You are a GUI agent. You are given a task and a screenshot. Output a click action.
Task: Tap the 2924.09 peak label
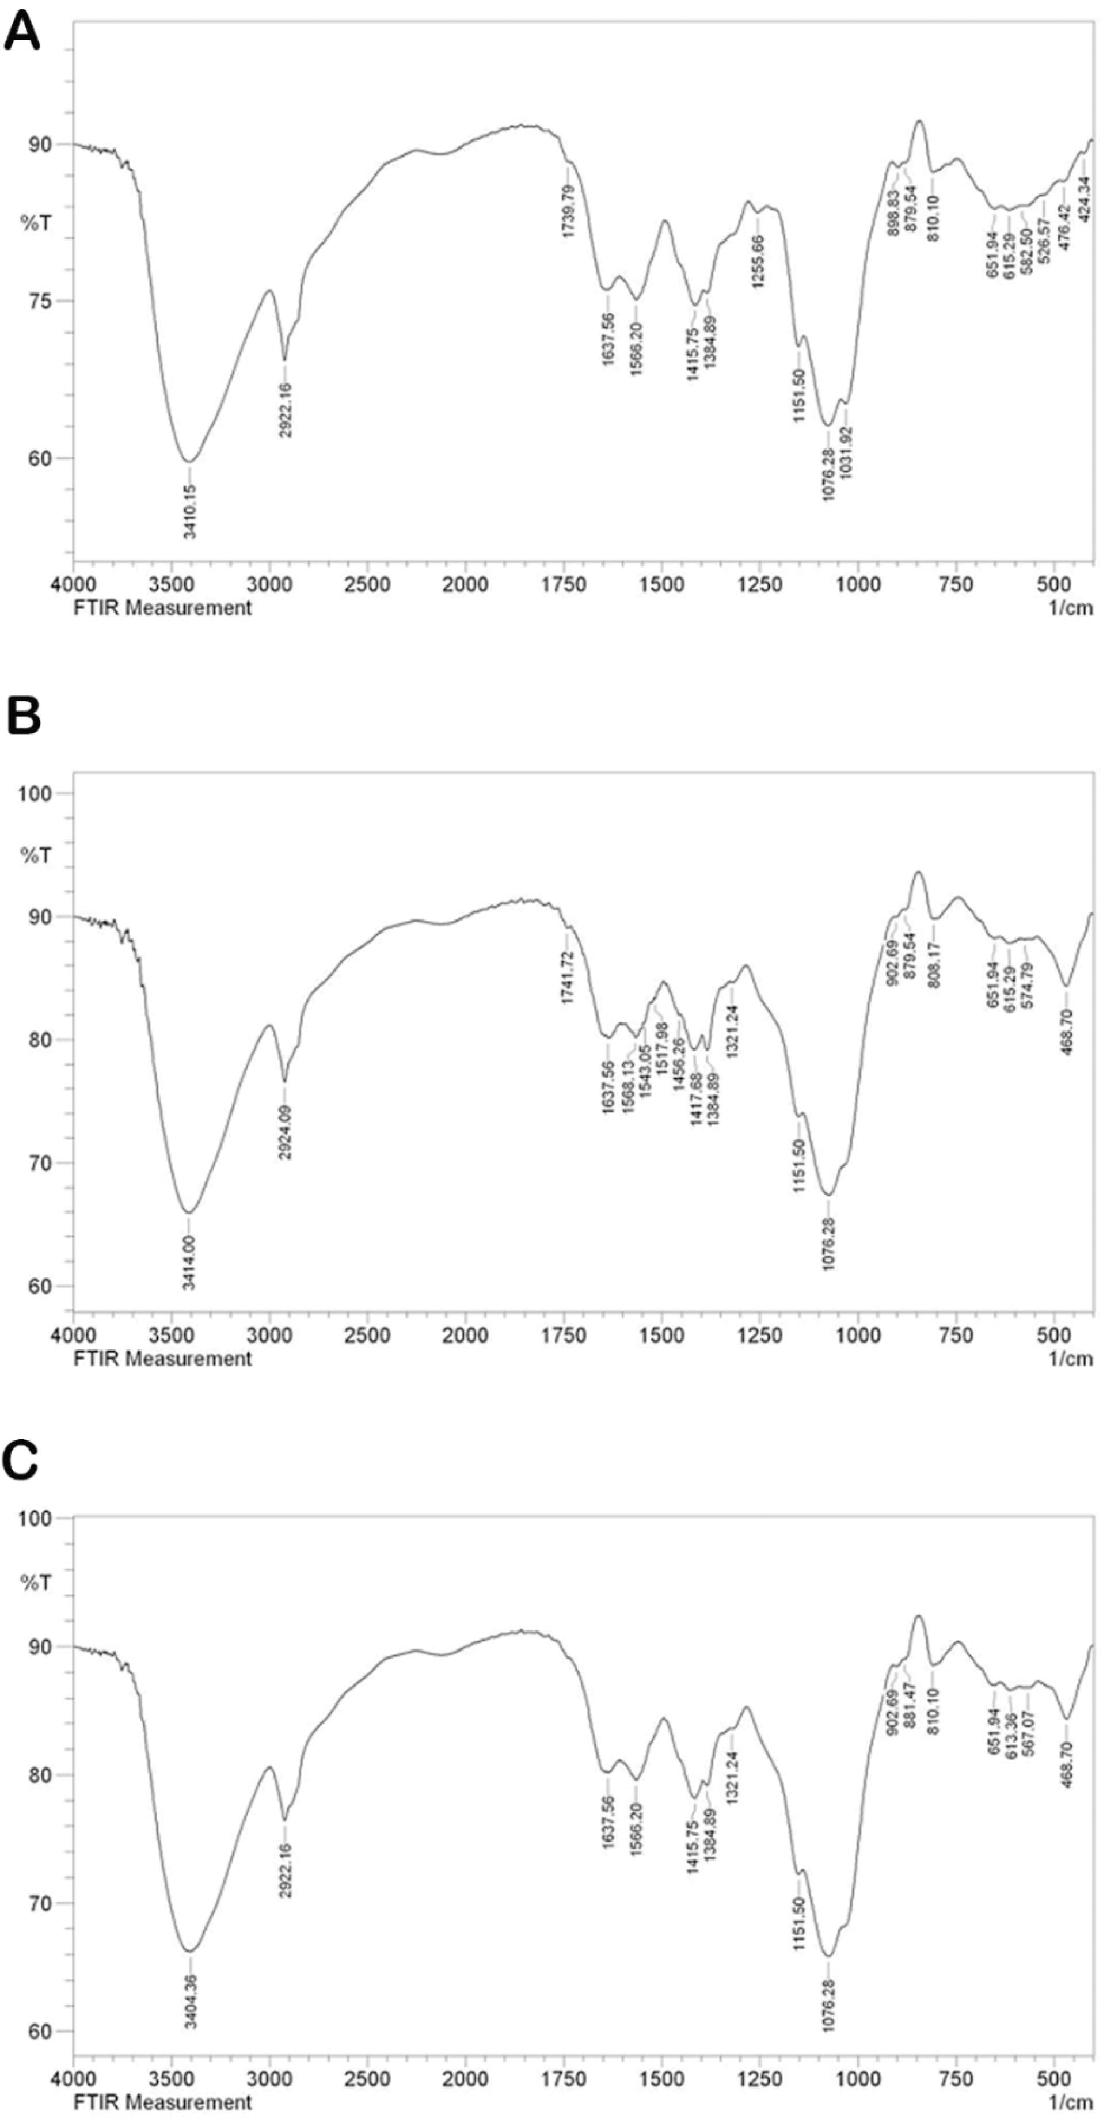[285, 1132]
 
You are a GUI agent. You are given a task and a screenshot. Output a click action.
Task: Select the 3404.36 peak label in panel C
[191, 2009]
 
